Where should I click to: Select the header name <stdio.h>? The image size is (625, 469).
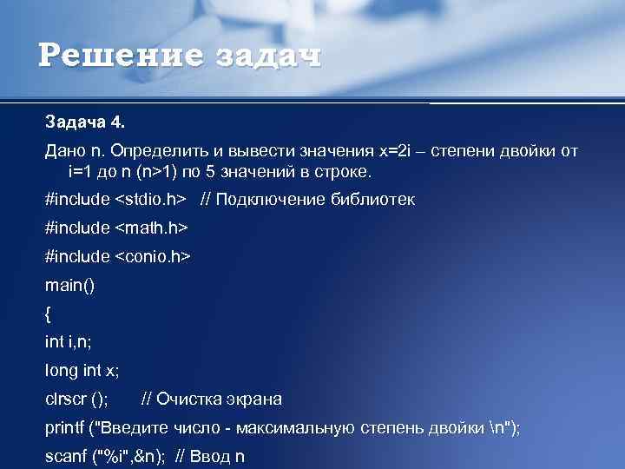[150, 200]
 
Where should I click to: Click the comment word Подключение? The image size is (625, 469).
[270, 200]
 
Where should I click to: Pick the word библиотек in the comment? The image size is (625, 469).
[373, 200]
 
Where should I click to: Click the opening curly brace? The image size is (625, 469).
[48, 314]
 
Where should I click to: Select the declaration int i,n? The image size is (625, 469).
[69, 342]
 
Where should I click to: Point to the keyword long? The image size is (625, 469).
[62, 371]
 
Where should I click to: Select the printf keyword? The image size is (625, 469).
[65, 427]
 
